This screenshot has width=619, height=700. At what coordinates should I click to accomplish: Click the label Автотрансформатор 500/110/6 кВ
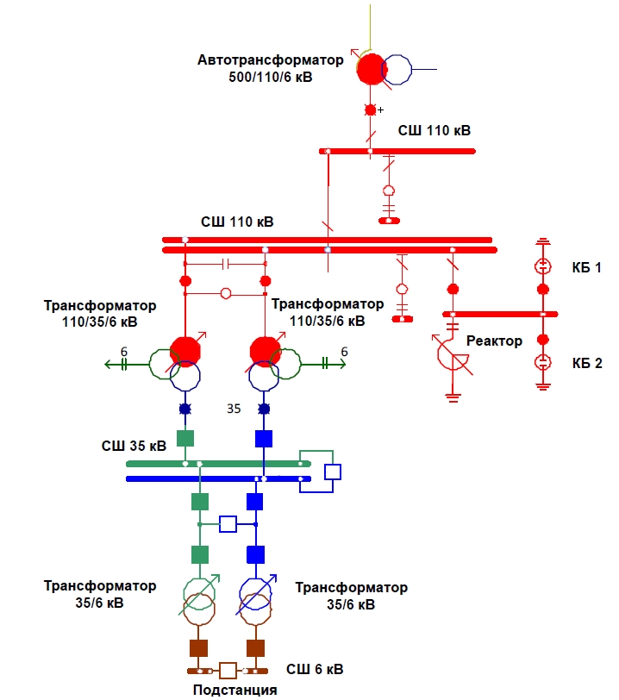click(270, 68)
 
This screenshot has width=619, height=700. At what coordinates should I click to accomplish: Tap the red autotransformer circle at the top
click(371, 69)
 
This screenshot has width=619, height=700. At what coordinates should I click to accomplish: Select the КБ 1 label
click(586, 267)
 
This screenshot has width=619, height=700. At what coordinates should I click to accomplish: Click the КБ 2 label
click(586, 362)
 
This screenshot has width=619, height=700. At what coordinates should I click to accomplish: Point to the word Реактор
click(494, 341)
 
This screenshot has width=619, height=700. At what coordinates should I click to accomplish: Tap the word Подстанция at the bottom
click(234, 690)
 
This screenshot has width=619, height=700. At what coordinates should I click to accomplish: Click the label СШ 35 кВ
click(134, 446)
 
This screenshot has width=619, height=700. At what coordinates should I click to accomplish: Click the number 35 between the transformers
click(234, 409)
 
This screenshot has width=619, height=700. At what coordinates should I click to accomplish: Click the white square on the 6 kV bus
click(228, 671)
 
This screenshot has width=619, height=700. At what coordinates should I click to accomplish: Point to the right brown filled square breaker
click(255, 647)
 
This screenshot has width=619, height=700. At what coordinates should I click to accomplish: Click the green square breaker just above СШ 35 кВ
click(184, 438)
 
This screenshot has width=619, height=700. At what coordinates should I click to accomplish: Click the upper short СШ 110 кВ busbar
click(397, 151)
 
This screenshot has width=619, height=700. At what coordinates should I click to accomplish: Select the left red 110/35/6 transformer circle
click(184, 351)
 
